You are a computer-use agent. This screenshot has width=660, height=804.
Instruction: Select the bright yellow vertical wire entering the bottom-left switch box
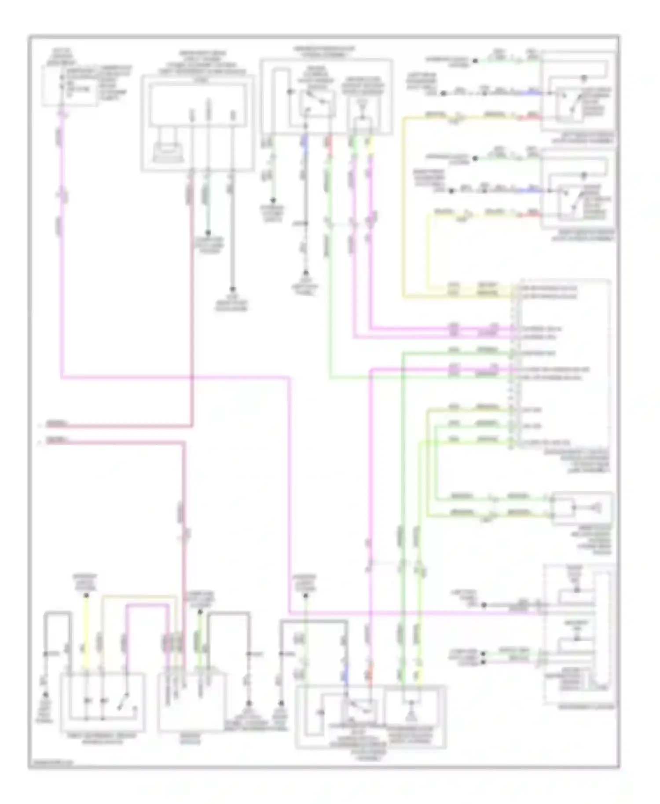(x=87, y=633)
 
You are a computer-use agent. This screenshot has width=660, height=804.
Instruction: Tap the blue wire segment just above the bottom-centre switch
(x=346, y=673)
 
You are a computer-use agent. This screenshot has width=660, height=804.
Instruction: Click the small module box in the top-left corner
(x=70, y=86)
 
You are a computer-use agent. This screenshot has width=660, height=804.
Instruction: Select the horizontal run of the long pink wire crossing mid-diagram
(x=176, y=376)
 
